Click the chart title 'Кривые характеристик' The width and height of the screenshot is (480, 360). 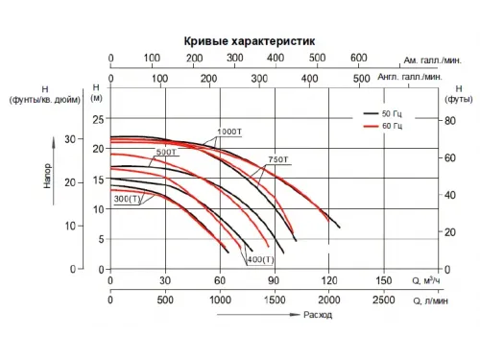(x=248, y=41)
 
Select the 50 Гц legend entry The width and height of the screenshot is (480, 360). (x=396, y=114)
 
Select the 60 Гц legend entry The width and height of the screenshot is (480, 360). (x=396, y=126)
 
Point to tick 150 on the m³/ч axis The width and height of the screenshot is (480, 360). (x=383, y=281)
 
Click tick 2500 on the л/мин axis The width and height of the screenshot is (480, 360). (x=383, y=300)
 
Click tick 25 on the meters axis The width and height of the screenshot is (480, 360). (x=96, y=119)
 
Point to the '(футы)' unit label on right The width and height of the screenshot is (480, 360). (x=457, y=98)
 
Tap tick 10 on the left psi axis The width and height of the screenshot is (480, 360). (x=69, y=225)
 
